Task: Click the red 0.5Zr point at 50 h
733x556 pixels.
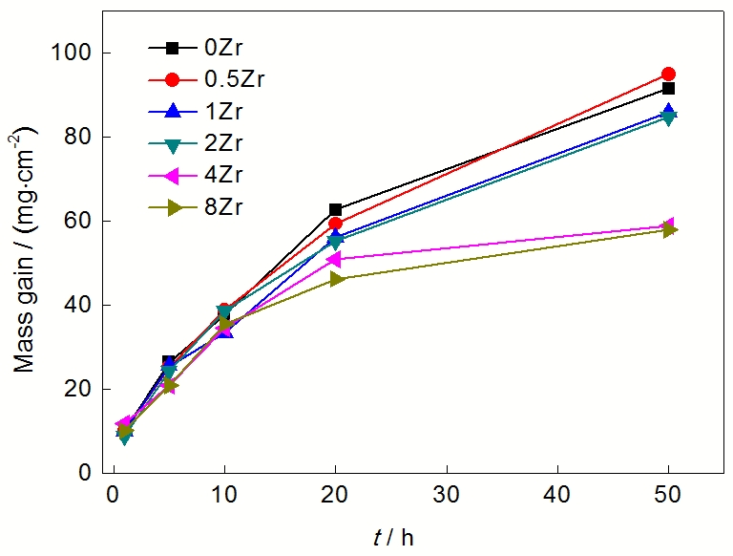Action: coord(668,74)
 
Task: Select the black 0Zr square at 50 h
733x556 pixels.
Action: coord(668,88)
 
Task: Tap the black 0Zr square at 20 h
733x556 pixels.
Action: coord(335,209)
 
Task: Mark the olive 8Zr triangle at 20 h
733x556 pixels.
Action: coord(336,279)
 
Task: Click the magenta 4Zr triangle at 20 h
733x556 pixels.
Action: coord(334,259)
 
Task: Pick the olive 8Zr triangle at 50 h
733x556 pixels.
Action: coord(669,229)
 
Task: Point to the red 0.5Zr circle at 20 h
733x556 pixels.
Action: coord(335,224)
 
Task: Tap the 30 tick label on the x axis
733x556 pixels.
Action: coord(446,499)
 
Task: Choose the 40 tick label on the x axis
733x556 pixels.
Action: coord(556,499)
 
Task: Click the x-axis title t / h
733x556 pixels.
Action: coord(393,537)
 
